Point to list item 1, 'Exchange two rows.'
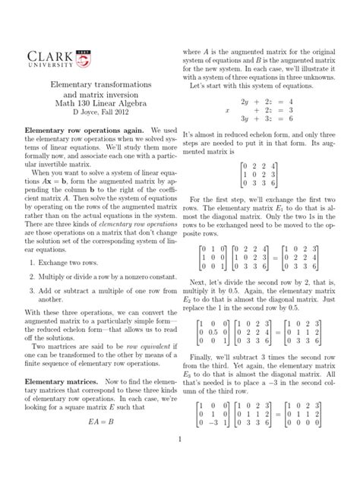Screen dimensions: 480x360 point(63,260)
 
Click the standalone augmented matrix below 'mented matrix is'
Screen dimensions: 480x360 point(258,173)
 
